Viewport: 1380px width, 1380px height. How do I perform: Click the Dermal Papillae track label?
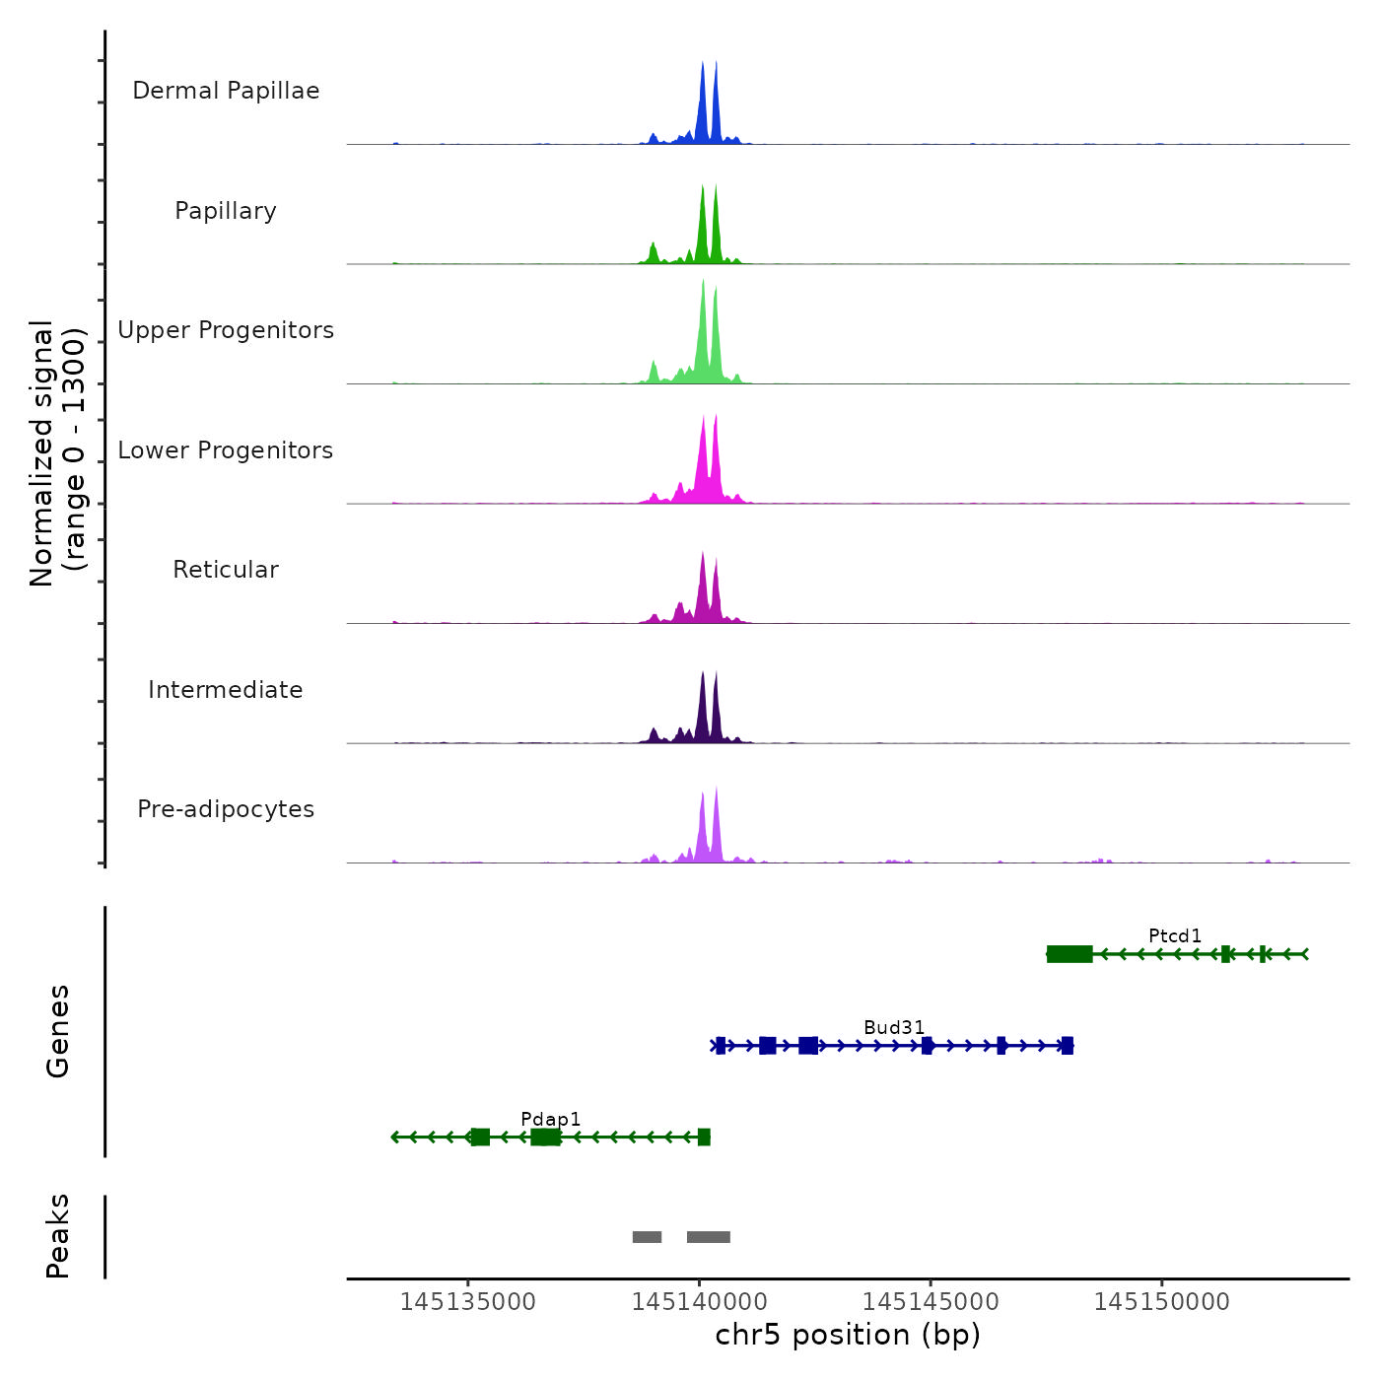click(x=226, y=91)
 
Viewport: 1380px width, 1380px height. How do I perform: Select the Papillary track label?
click(x=226, y=211)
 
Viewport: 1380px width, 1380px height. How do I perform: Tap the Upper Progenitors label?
click(x=226, y=330)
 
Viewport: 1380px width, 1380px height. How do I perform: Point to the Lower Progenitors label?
click(x=226, y=450)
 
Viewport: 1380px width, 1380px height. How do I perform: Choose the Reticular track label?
click(x=226, y=570)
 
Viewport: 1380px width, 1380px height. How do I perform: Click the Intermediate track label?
click(x=226, y=690)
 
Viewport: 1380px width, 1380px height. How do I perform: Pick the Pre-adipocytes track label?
click(x=226, y=809)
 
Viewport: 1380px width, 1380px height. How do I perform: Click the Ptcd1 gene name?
click(x=1175, y=935)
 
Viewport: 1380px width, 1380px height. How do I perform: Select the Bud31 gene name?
click(x=894, y=1027)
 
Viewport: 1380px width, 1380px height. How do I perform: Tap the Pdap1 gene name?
click(x=551, y=1119)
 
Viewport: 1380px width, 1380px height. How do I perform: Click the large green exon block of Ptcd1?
click(x=1069, y=953)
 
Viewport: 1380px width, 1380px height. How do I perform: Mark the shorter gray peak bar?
click(x=647, y=1237)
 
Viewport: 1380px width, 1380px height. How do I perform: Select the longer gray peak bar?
click(x=709, y=1237)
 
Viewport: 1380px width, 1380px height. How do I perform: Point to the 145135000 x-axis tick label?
click(x=468, y=1302)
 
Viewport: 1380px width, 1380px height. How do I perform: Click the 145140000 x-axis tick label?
click(x=700, y=1302)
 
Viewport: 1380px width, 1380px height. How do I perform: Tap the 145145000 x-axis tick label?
click(x=931, y=1302)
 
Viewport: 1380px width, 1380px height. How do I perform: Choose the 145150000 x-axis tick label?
click(x=1162, y=1302)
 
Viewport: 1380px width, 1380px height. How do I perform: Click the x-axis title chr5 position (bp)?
click(x=848, y=1335)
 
